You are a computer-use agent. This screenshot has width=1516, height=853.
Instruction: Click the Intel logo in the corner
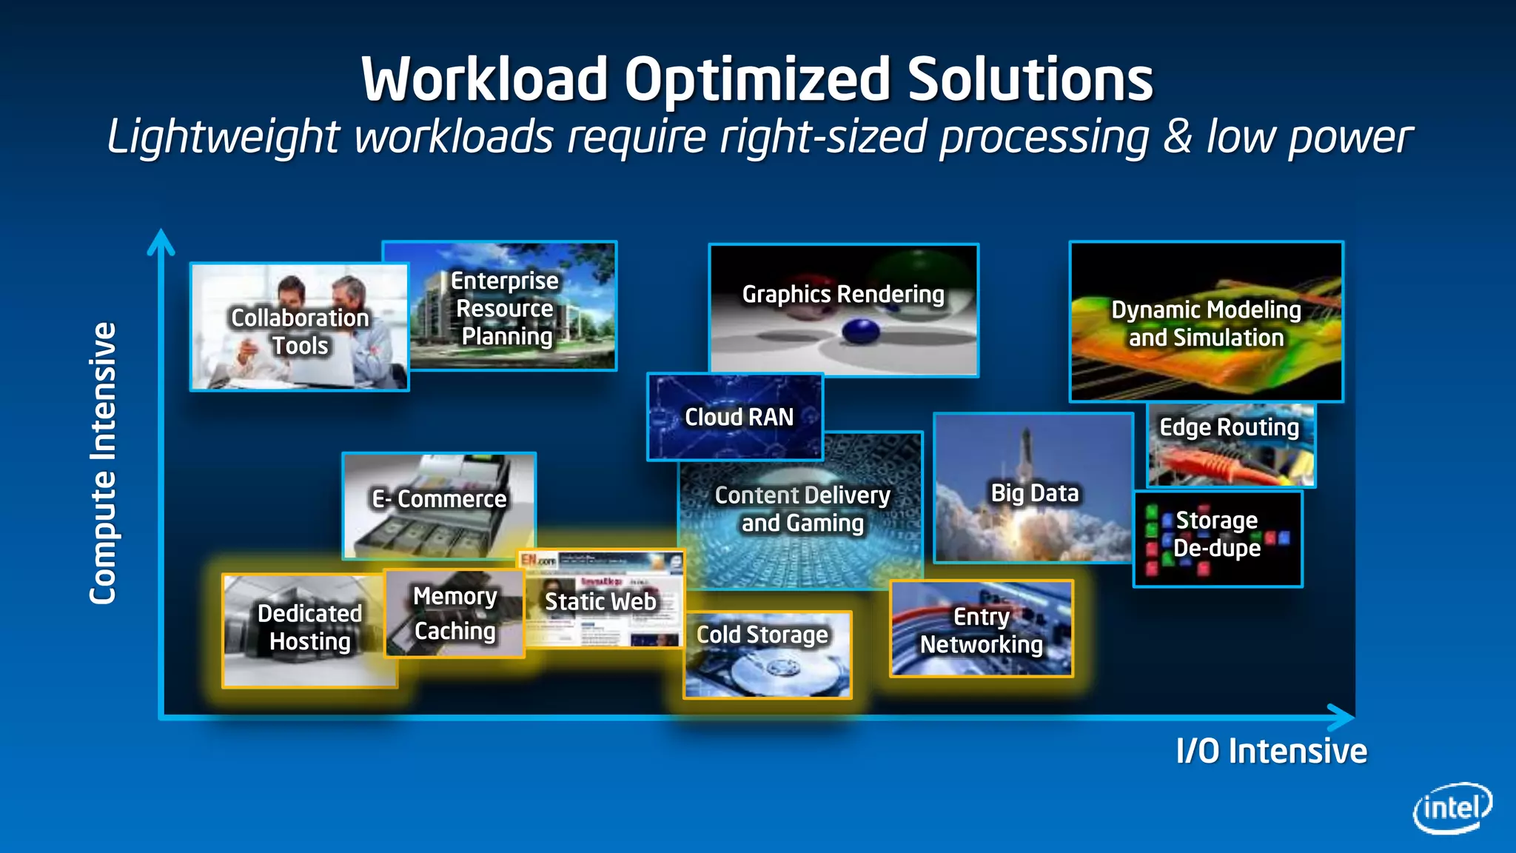1452,808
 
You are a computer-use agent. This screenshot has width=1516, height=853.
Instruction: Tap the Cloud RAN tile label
739,417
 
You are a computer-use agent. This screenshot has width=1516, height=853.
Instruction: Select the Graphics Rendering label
843,294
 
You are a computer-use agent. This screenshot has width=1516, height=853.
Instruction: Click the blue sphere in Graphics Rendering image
861,330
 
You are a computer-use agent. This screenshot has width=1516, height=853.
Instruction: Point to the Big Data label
1034,493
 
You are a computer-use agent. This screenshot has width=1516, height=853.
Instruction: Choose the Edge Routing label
1229,427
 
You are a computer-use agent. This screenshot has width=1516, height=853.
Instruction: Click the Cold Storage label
762,635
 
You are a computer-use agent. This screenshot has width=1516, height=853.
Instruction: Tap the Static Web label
600,601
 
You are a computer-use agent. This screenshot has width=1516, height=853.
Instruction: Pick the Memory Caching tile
455,614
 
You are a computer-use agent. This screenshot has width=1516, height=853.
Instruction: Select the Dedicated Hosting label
309,627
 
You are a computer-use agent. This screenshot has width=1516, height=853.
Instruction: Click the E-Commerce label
439,499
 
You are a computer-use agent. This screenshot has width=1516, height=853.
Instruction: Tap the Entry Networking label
981,630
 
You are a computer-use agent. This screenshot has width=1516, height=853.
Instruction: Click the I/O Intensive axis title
1271,751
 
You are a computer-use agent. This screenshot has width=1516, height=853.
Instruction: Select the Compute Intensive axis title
103,464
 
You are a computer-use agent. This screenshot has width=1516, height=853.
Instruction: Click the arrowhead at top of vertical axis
161,241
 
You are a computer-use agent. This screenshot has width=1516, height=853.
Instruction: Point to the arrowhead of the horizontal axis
1341,717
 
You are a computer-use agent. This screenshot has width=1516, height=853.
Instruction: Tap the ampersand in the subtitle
1177,137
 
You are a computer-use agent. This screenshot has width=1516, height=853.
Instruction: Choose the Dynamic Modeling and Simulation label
1206,324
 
